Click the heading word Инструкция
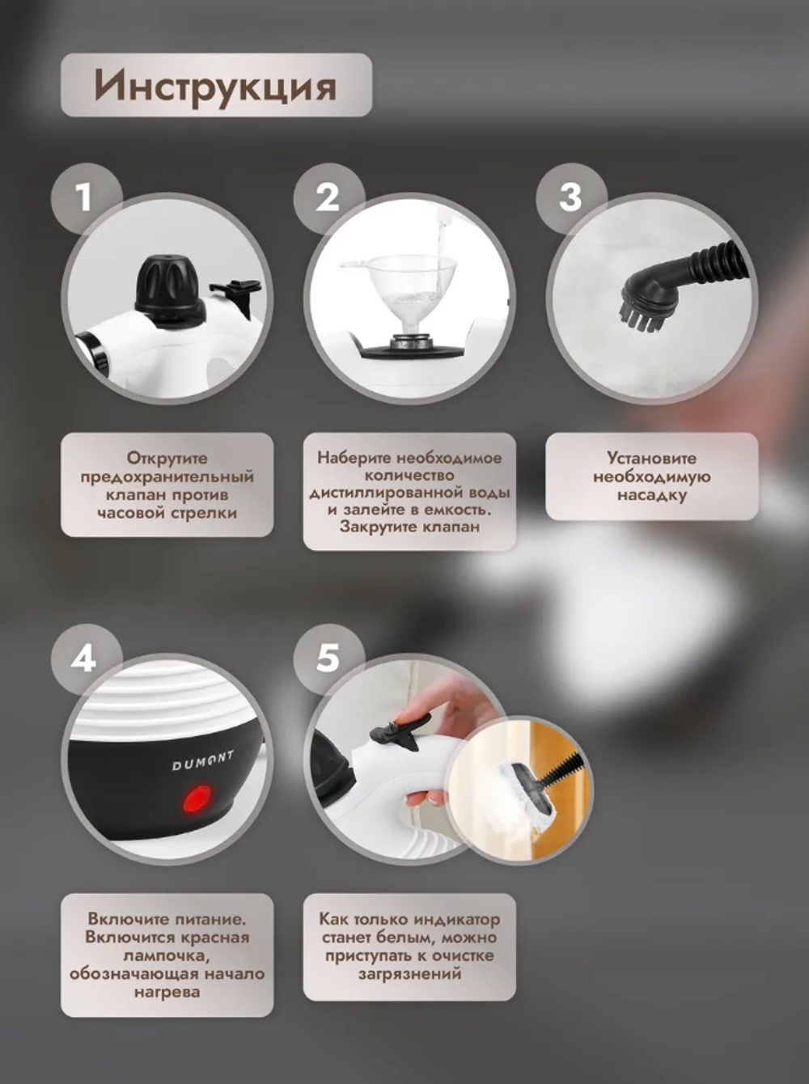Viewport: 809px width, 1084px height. tap(215, 86)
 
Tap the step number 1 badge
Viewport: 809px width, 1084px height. tap(84, 197)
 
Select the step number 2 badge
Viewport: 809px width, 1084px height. tap(328, 197)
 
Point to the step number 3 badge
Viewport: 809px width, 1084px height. tap(570, 197)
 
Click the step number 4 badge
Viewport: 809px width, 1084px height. tap(84, 658)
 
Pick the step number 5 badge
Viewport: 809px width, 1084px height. tap(328, 658)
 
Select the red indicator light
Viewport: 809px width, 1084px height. tap(197, 798)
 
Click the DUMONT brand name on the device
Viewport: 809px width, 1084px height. tap(203, 760)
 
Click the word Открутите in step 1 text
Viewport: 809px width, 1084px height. tap(167, 459)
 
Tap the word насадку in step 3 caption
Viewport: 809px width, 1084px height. tap(652, 495)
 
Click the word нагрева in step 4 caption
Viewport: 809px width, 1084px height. tap(167, 992)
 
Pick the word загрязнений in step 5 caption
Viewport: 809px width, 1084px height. tap(409, 974)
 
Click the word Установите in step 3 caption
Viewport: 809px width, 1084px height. tap(652, 459)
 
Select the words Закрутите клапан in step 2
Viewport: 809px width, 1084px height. tap(409, 527)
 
